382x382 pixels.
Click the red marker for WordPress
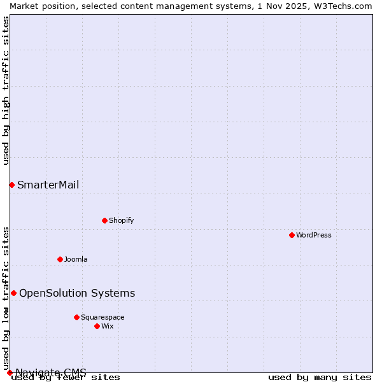point(292,235)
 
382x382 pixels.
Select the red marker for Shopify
point(104,220)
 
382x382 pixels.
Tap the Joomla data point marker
point(60,259)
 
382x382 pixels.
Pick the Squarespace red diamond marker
point(76,317)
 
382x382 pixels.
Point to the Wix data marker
point(97,326)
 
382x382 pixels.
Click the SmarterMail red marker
point(11,185)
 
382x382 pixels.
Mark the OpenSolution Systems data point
point(13,293)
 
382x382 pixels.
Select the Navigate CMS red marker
point(10,372)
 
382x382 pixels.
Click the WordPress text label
point(314,235)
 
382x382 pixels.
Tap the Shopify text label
point(121,220)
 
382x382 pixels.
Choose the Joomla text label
point(76,259)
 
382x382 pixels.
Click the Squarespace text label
point(103,317)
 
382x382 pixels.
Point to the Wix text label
point(107,326)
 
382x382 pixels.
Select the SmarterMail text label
point(48,185)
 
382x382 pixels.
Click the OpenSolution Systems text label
point(77,293)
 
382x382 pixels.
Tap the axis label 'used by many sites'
point(320,378)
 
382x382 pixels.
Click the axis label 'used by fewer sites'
point(66,378)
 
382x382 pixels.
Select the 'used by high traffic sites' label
point(6,90)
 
